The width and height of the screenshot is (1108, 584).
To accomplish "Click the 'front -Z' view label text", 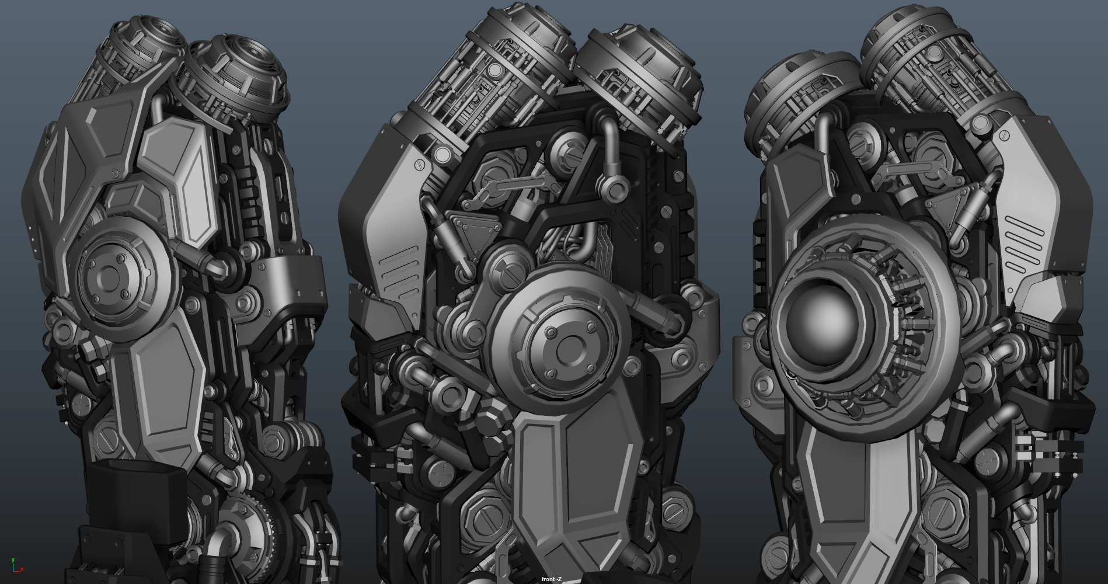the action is click(551, 579).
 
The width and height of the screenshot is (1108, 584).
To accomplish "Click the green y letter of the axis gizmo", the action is click(13, 561).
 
